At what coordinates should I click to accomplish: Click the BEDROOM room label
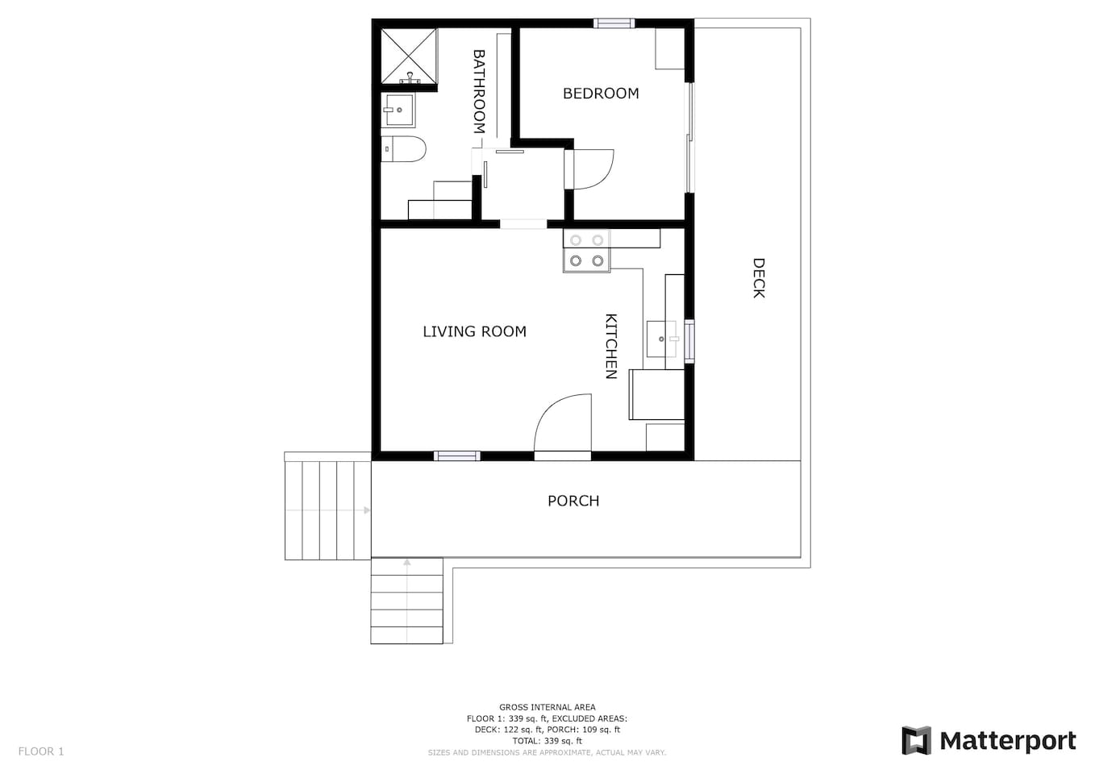[601, 94]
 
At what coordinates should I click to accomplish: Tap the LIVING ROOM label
[475, 332]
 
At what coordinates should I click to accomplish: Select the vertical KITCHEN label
[611, 347]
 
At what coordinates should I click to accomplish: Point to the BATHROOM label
[479, 91]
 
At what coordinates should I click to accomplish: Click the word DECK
[758, 278]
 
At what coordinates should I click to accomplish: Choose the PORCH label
[573, 501]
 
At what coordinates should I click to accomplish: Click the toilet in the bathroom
[404, 149]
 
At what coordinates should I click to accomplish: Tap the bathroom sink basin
[398, 110]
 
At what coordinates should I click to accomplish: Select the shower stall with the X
[409, 56]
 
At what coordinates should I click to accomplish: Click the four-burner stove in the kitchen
[587, 250]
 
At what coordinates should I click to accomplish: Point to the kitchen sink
[662, 339]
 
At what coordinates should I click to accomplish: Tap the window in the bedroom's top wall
[614, 23]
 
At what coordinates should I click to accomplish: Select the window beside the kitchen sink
[689, 341]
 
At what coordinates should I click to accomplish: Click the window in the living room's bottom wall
[457, 456]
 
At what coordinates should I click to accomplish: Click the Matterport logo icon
[916, 741]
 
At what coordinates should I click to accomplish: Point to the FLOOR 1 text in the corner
[41, 751]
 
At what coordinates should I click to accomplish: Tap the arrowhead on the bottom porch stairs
[407, 563]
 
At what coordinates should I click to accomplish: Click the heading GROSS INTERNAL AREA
[547, 707]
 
